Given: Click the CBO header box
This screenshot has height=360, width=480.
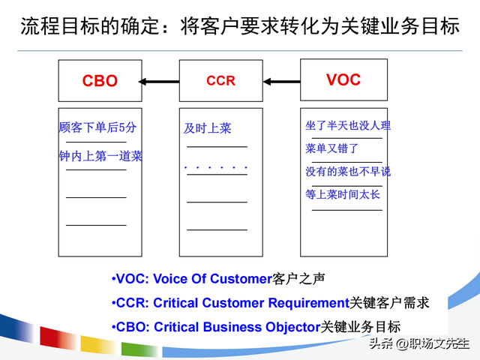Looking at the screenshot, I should [x=100, y=81].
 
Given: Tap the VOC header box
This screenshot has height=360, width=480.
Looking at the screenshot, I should [x=343, y=79].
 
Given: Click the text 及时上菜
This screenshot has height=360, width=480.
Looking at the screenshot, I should [x=208, y=129].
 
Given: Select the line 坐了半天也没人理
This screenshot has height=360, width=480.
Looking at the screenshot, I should [x=348, y=126].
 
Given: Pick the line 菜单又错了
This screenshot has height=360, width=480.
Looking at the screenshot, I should [x=332, y=148].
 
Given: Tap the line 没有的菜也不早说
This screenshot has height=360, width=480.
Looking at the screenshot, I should [x=348, y=172].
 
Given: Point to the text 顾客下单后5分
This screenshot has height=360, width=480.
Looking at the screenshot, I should [x=97, y=127].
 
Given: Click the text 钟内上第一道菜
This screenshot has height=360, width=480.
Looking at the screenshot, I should [x=100, y=157].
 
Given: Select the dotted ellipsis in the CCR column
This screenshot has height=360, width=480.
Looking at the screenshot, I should [x=216, y=166].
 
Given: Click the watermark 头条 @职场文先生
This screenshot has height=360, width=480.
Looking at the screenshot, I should [x=418, y=343].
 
